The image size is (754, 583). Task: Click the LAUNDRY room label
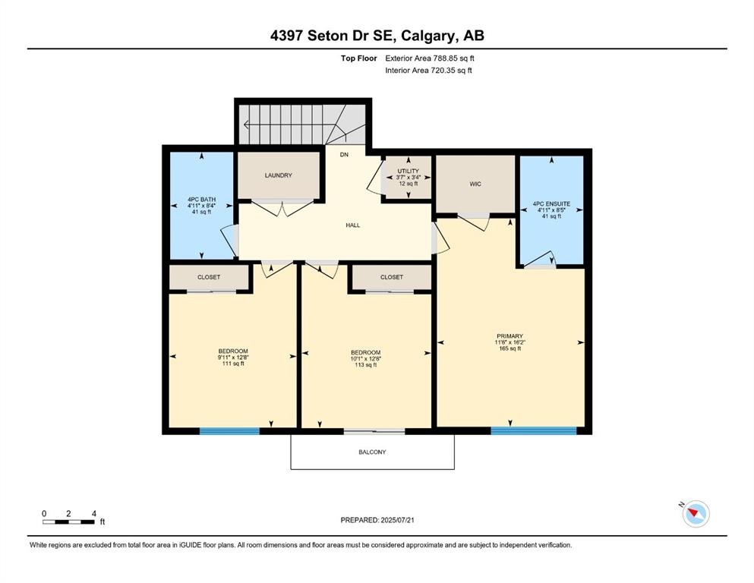278,175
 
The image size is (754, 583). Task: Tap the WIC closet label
475,184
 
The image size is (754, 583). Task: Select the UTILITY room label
408,172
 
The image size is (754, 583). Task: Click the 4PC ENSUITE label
551,204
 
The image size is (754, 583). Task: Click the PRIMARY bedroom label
510,336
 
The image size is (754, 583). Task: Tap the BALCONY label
372,452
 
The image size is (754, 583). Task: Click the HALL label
352,225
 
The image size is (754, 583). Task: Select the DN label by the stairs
344,155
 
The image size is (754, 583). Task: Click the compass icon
695,514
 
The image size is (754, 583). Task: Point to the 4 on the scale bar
93,513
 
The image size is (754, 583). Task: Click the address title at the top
377,36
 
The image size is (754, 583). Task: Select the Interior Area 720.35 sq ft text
428,70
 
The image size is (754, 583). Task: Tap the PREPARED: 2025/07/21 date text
377,520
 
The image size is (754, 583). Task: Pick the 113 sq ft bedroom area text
365,365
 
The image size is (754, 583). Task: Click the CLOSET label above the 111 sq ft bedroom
209,277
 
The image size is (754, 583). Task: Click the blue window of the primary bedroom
533,430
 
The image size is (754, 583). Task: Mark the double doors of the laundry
282,207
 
